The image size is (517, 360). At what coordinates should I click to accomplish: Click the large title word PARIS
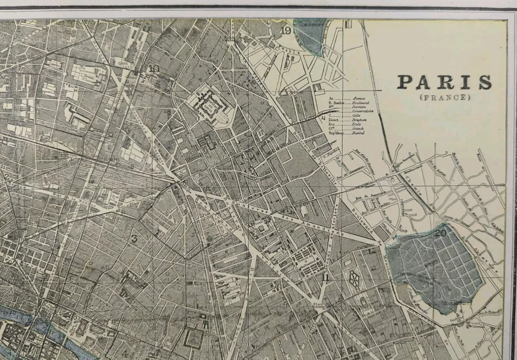pyautogui.click(x=444, y=82)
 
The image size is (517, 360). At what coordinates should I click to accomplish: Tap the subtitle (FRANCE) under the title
pyautogui.click(x=444, y=97)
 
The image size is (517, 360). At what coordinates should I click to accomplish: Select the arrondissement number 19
pyautogui.click(x=286, y=31)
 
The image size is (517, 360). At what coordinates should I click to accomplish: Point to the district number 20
pyautogui.click(x=441, y=233)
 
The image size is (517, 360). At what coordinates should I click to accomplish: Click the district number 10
pyautogui.click(x=154, y=68)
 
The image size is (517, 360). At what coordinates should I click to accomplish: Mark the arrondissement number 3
pyautogui.click(x=134, y=238)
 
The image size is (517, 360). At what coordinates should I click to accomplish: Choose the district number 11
pyautogui.click(x=325, y=278)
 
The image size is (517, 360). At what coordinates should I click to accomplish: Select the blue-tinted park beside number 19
pyautogui.click(x=311, y=35)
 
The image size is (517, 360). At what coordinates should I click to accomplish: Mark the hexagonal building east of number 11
pyautogui.click(x=354, y=278)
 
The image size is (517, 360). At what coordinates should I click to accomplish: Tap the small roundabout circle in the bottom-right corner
pyautogui.click(x=488, y=336)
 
